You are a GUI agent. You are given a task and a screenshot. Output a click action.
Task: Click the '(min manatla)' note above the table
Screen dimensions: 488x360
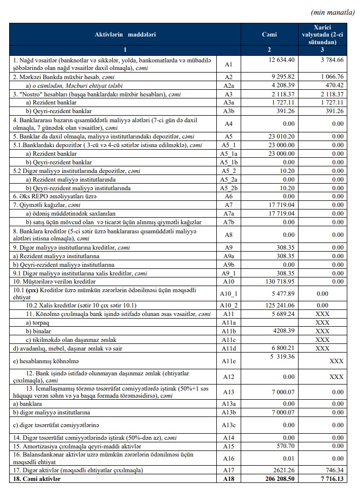[332, 13]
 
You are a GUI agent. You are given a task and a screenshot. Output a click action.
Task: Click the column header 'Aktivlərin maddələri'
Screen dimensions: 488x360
[125, 34]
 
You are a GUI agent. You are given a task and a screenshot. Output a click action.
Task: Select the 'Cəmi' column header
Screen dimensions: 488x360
[269, 34]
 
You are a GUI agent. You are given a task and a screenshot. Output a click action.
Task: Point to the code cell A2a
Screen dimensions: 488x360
[228, 85]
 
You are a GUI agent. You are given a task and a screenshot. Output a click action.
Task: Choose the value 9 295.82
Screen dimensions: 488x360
[279, 77]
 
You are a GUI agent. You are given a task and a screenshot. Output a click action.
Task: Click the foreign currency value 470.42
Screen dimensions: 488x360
[334, 85]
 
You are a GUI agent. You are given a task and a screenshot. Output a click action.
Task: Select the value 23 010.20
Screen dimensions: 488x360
[277, 137]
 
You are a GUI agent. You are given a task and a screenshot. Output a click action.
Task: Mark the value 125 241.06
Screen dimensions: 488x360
[276, 305]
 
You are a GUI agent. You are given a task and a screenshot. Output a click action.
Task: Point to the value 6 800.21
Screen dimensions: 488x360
[279, 348]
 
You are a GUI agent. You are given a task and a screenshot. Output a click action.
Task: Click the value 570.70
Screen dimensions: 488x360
[283, 445]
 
